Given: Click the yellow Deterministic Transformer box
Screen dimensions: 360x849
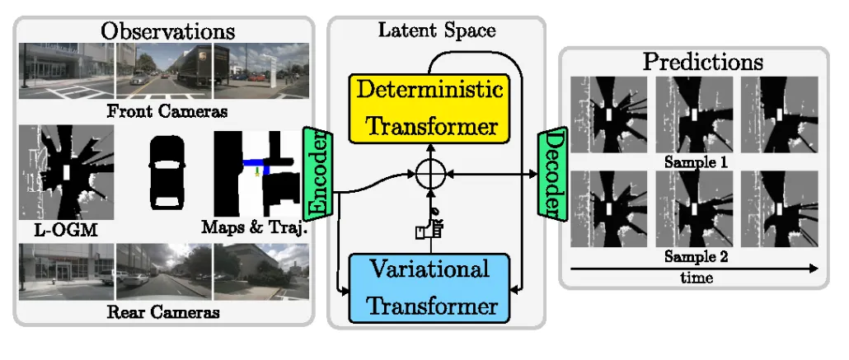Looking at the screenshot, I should click(x=429, y=108).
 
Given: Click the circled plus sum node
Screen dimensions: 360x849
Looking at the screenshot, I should click(x=429, y=175).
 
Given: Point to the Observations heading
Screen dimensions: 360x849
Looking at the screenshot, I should click(x=167, y=31).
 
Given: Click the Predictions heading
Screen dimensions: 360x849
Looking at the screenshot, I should click(x=702, y=61).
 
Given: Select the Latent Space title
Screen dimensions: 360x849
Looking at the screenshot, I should click(x=436, y=31).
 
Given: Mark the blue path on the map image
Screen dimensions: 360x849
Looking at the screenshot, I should click(x=257, y=164).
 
